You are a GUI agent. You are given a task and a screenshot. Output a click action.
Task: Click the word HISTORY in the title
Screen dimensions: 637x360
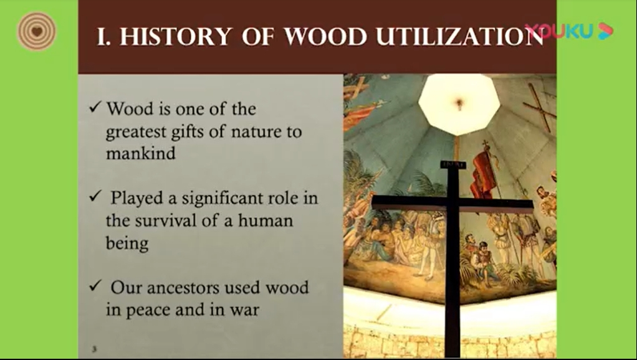click(176, 37)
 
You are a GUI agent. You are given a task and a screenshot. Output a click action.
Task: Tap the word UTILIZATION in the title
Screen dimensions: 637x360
click(460, 37)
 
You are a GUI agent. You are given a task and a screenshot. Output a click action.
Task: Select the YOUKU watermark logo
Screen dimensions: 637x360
click(568, 31)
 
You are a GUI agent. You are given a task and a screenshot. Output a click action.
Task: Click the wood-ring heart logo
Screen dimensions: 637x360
click(37, 31)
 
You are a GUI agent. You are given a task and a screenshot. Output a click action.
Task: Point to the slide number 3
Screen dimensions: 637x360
click(94, 349)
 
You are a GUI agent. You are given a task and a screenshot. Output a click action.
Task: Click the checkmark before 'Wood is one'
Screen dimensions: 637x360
click(95, 107)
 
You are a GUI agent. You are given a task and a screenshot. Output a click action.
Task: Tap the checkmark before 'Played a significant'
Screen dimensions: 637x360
click(95, 196)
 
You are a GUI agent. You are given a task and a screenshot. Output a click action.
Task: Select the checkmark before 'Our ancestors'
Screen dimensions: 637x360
click(95, 286)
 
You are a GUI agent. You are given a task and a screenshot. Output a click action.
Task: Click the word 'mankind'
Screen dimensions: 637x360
click(141, 153)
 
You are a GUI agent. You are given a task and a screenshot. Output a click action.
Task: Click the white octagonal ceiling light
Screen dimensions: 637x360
click(459, 104)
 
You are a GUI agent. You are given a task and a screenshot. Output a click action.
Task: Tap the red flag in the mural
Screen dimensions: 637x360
click(484, 174)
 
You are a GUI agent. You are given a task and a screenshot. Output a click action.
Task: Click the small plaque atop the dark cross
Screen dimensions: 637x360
click(453, 164)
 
